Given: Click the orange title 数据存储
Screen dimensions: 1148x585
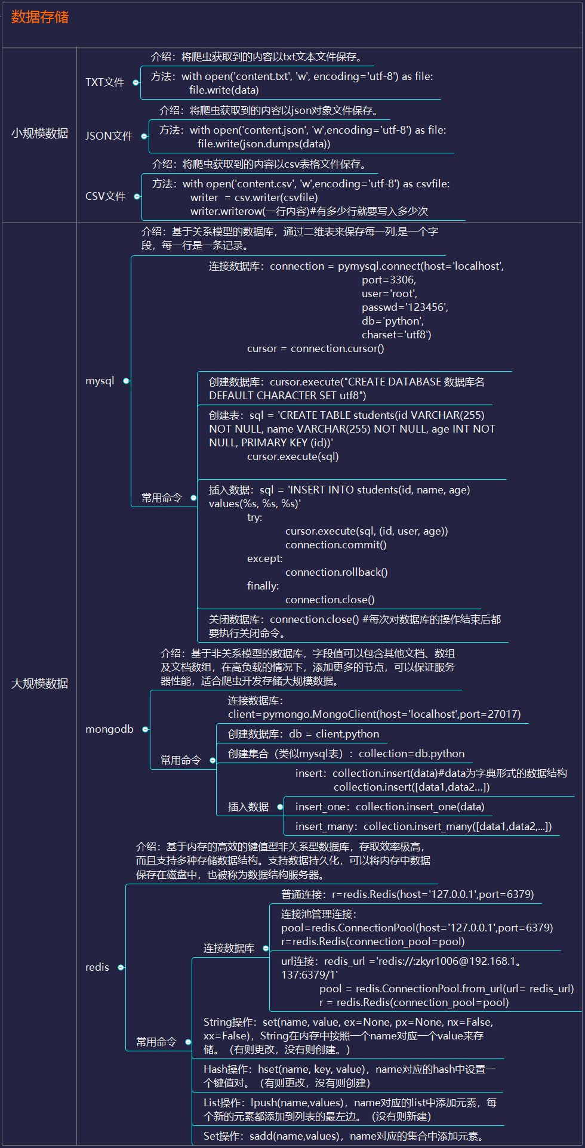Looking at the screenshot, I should click(x=40, y=17).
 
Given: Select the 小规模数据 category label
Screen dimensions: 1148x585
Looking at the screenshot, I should click(x=40, y=134).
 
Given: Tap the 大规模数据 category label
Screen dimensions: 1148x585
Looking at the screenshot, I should click(x=40, y=684).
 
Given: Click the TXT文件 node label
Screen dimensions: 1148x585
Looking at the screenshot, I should click(x=104, y=82).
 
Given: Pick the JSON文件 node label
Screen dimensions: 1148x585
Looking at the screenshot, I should click(x=109, y=136).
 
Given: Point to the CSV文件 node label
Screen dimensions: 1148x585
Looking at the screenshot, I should click(x=105, y=196).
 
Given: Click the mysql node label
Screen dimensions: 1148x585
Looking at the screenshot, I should click(x=100, y=381).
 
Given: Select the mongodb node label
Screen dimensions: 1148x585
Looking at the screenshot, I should click(x=109, y=729).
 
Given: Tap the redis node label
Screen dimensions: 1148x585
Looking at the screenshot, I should click(x=97, y=967).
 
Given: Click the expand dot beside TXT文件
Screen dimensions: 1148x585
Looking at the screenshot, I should click(x=136, y=83).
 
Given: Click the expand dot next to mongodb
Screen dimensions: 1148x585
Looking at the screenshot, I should click(x=145, y=729).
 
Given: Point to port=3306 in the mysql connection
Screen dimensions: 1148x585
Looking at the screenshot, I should click(x=389, y=280).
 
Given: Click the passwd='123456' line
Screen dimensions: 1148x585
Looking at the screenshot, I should click(x=405, y=307).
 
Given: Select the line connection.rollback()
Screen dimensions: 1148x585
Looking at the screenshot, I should click(x=336, y=572).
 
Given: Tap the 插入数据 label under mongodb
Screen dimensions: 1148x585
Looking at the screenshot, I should click(x=248, y=807).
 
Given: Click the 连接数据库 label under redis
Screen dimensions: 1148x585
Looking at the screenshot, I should click(x=229, y=948).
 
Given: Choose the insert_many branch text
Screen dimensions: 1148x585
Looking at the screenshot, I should click(x=423, y=826).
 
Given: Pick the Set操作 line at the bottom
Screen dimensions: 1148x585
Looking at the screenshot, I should click(x=344, y=1136).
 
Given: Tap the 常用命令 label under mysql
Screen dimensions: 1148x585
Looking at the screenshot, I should click(x=162, y=498).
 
